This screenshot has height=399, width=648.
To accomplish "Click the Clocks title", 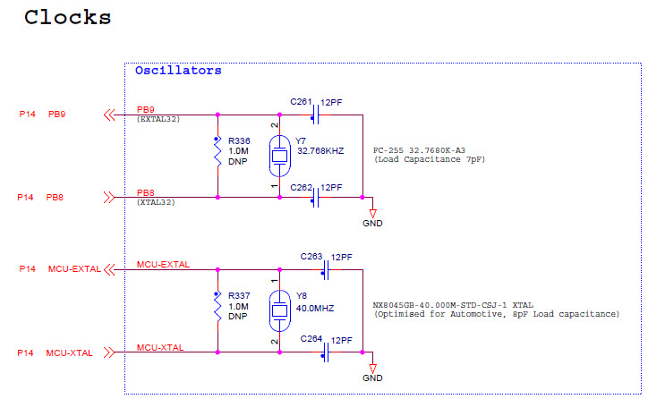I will [x=67, y=16].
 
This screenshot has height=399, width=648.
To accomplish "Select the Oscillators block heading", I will [x=178, y=70].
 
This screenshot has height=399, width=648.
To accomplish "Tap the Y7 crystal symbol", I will [x=279, y=156].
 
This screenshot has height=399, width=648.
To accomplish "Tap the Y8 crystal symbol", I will [x=279, y=310].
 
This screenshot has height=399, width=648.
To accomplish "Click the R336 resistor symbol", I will [x=217, y=156].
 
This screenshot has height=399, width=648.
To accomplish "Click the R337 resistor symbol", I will [x=217, y=310].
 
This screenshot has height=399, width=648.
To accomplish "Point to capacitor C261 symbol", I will [x=315, y=115].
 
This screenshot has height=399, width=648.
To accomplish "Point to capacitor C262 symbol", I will [x=315, y=197].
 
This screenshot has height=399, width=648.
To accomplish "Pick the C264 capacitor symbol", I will [x=327, y=352].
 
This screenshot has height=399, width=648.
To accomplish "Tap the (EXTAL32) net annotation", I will [x=159, y=119].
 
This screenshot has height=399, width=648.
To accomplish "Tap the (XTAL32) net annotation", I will [x=158, y=203].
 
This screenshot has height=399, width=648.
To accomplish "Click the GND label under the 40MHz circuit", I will [x=372, y=379].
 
